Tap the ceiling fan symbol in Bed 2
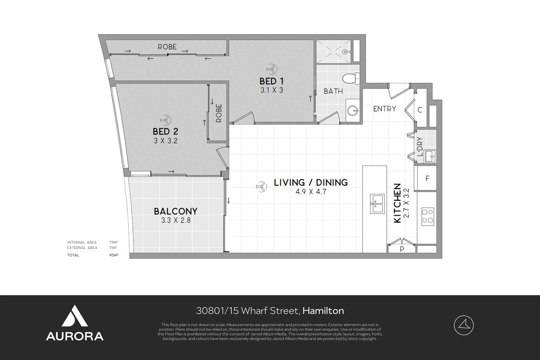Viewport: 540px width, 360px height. point(165,120)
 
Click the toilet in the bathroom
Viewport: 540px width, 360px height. point(351,79)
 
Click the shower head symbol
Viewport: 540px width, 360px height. point(346,51)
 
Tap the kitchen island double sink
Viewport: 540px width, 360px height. point(377,204)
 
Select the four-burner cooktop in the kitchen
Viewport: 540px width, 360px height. point(427,216)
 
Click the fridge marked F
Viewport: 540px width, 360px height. point(427,179)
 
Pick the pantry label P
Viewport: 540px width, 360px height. point(402,249)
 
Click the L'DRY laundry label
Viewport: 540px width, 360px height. point(420,147)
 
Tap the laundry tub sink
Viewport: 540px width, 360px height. point(430,156)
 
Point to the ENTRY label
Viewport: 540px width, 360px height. point(384,109)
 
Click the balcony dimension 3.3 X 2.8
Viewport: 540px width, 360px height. point(176,220)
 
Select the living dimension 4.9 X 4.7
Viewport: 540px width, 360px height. point(311,192)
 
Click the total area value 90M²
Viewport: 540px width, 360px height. point(114,255)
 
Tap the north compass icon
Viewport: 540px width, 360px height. point(463,325)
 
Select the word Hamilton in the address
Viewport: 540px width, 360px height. point(323,311)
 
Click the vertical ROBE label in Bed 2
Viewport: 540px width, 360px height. point(219,113)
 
